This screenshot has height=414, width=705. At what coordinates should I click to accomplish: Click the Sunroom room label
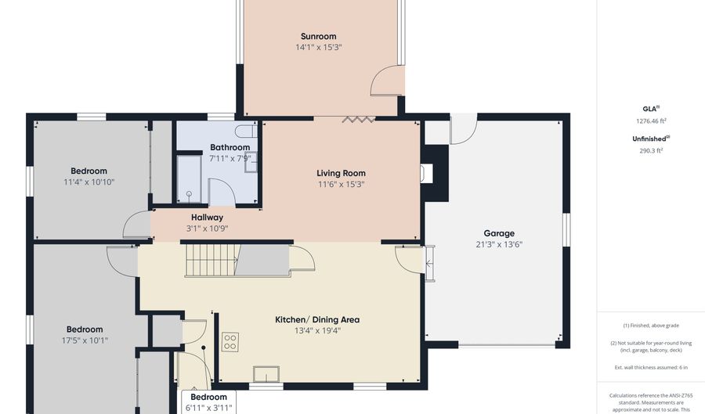(318, 36)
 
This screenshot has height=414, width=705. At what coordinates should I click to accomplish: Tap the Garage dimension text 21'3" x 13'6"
(499, 244)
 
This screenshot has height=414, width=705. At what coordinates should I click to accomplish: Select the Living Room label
(341, 173)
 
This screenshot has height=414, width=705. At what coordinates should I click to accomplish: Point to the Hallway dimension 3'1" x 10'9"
(208, 228)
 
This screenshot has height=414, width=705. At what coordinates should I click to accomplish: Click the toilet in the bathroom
(246, 131)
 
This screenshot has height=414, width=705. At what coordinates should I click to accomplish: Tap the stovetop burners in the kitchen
(230, 342)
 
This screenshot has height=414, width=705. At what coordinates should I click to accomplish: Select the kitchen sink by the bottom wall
(266, 374)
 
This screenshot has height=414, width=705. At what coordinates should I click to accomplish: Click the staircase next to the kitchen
(211, 260)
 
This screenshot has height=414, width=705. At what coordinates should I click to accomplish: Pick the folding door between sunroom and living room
(358, 120)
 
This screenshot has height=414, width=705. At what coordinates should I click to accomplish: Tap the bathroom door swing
(222, 192)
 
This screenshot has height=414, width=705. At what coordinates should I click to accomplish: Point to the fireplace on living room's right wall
(426, 173)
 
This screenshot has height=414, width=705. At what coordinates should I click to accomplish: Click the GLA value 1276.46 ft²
(651, 121)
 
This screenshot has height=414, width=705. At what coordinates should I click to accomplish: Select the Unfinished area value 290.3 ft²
(651, 151)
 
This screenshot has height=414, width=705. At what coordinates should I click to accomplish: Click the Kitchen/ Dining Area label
(317, 320)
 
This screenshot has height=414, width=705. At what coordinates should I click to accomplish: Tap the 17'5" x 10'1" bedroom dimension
(85, 340)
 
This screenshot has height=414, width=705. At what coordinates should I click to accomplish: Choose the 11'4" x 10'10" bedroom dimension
(89, 182)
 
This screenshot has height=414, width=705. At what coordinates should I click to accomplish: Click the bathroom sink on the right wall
(251, 162)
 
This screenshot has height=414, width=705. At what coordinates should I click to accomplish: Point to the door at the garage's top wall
(464, 130)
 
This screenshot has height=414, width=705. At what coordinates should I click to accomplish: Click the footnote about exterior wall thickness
(651, 367)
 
